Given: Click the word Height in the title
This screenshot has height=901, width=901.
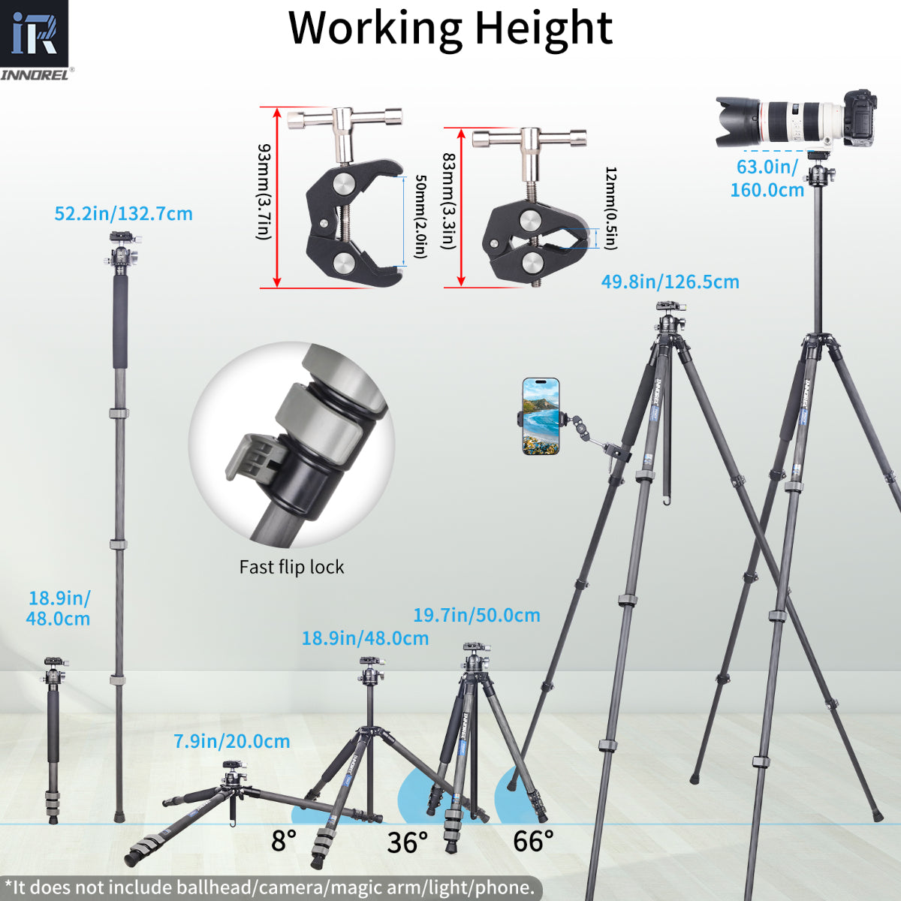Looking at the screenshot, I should (543, 28).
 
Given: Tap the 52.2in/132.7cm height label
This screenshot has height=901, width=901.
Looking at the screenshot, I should (123, 214).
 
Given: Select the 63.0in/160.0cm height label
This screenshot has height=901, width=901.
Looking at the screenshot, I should (767, 178).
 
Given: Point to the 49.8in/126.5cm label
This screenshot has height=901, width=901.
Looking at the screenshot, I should (670, 282).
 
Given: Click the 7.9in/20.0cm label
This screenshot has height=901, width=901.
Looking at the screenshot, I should (232, 742).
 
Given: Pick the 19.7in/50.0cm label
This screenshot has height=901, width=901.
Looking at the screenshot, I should (476, 616).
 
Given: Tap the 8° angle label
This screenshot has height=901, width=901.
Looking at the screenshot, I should (284, 841).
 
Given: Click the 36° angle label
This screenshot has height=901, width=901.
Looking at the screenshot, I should (408, 842).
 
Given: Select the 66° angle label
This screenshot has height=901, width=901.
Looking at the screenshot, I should (533, 841).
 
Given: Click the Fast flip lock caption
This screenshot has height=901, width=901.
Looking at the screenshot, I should (291, 567).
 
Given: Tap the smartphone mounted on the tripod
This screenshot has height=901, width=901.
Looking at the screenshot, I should (541, 417).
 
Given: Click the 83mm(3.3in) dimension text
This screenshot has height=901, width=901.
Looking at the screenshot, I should (448, 201).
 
